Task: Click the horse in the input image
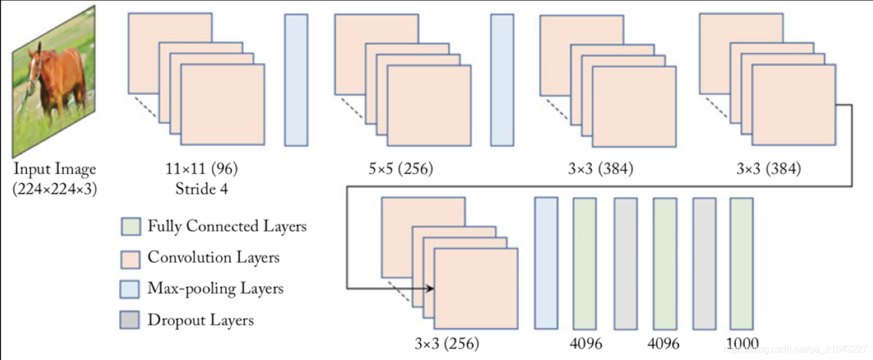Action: pos(59,80)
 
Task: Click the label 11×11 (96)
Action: pos(202,169)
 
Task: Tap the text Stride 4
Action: pos(201,189)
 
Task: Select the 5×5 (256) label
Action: pos(401,169)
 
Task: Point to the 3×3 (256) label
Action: pos(447,343)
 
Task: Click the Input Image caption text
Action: pos(55,169)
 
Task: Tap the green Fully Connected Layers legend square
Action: pos(130,227)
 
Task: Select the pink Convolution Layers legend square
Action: pos(130,258)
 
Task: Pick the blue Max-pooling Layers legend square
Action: pos(130,289)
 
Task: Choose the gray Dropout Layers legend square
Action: pos(130,320)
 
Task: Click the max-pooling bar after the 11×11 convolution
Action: pos(296,80)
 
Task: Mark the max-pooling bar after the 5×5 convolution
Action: pos(502,80)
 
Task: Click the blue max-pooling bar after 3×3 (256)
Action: pos(546,263)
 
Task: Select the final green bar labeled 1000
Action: pos(741,263)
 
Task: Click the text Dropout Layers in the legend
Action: pos(201,320)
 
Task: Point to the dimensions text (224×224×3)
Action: pos(55,189)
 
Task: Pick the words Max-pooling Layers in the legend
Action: pos(215,289)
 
